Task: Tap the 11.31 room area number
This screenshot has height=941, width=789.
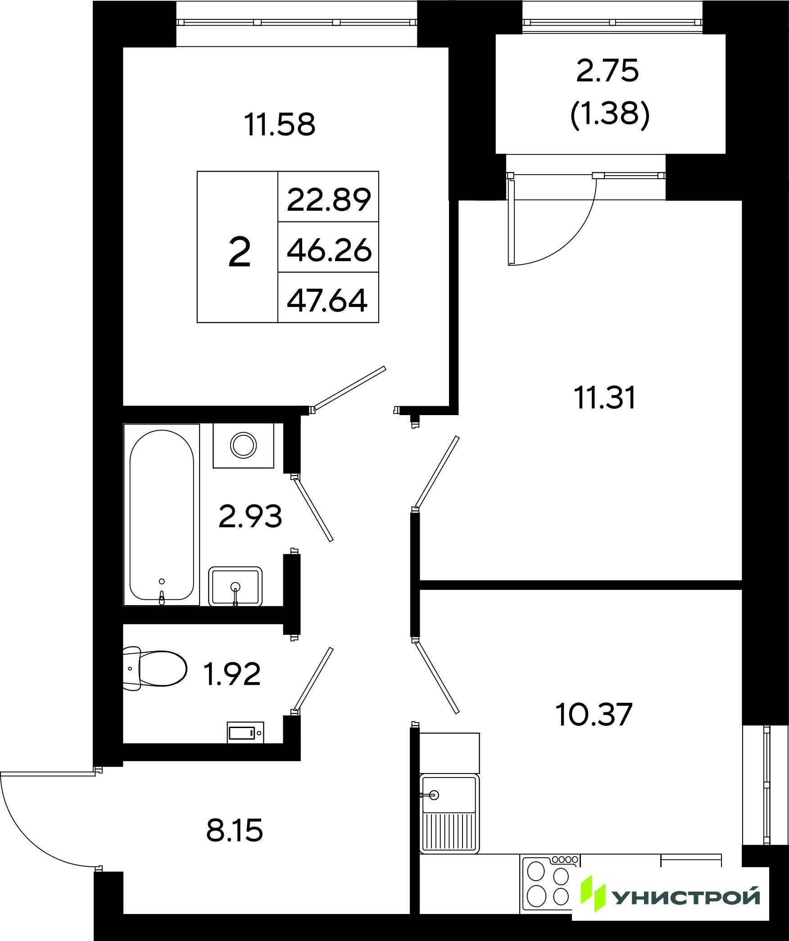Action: [604, 398]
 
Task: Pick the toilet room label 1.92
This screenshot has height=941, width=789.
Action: [232, 674]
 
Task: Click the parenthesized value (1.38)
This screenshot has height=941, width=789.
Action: [609, 115]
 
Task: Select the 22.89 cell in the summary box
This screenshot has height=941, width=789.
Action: [329, 200]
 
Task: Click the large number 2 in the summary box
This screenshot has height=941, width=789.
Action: [239, 253]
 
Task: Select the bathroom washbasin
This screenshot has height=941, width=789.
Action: [235, 586]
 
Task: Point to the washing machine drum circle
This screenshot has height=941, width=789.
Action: [244, 445]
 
